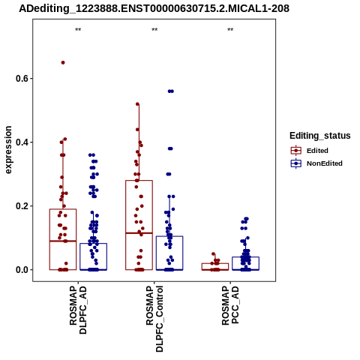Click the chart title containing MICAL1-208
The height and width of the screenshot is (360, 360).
tap(154, 9)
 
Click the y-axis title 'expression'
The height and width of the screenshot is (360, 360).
tap(8, 150)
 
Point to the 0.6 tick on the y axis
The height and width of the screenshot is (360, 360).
tap(21, 79)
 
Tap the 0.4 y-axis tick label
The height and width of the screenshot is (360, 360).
tap(21, 142)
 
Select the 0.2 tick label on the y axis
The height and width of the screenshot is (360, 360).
tap(21, 206)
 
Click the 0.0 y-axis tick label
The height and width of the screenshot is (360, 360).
tap(21, 270)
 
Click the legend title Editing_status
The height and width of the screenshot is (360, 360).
tap(320, 136)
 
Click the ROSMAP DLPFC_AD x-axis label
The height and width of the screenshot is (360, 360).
tap(78, 310)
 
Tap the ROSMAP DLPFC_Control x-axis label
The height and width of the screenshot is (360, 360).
tap(154, 319)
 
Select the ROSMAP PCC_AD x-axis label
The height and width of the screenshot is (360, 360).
tap(230, 305)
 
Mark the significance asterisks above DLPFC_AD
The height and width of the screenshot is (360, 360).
tap(78, 30)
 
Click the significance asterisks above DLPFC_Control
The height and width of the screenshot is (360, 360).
tap(154, 30)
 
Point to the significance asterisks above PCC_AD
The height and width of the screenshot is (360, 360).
tap(230, 30)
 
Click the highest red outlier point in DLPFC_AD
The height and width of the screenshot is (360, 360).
tap(63, 63)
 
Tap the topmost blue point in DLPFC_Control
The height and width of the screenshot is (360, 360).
tap(171, 91)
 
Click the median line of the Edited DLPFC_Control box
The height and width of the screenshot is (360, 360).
tap(139, 233)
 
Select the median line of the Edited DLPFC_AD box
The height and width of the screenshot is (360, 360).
tap(63, 241)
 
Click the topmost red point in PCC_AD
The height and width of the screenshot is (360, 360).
tap(214, 254)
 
